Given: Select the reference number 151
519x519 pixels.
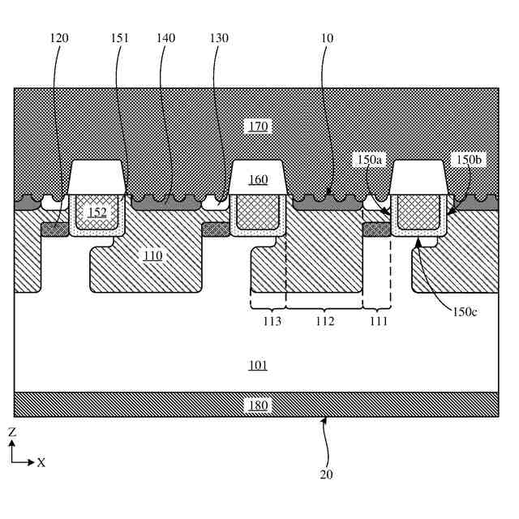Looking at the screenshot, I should [x=124, y=38].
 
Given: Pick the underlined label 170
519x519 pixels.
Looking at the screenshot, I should [x=259, y=126].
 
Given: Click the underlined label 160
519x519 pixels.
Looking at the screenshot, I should [x=259, y=179].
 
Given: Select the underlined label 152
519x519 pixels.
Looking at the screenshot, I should [x=97, y=212].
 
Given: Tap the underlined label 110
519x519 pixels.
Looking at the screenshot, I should [x=152, y=255].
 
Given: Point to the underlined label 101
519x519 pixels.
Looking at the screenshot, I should [x=258, y=365].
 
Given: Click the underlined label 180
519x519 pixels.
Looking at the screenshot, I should [x=258, y=405].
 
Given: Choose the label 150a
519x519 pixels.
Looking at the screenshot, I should [x=368, y=161].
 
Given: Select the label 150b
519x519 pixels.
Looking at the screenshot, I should [x=469, y=161].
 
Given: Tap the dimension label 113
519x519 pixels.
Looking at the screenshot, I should [x=272, y=321].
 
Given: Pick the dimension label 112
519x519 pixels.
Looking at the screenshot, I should [x=324, y=321].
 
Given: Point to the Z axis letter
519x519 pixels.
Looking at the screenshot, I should [x=12, y=433].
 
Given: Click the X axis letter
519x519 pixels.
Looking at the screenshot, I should [x=41, y=462].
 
